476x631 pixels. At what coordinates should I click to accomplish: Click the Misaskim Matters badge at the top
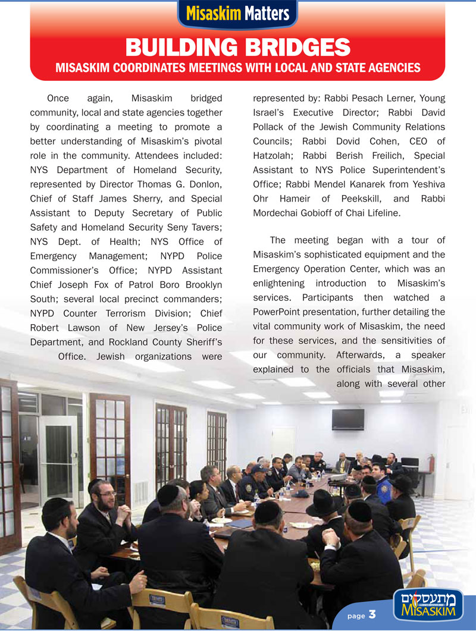(x=237, y=13)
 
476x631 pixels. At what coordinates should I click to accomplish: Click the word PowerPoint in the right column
(x=281, y=312)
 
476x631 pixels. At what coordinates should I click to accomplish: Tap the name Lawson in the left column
(x=86, y=328)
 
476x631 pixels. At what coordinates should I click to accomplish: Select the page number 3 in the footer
(x=372, y=614)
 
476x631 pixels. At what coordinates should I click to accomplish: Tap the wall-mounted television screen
(x=348, y=419)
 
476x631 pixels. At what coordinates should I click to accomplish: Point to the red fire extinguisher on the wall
(x=430, y=464)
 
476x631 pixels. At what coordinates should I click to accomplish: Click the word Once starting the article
(x=58, y=98)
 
